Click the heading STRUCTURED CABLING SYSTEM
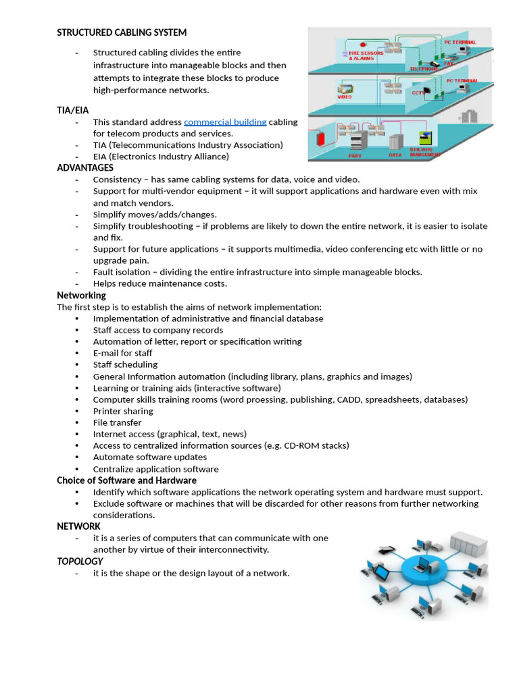(122, 32)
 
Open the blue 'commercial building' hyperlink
(225, 122)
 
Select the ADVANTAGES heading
(85, 167)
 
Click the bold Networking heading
(81, 296)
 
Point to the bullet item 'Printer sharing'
(123, 411)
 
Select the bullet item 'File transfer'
(117, 422)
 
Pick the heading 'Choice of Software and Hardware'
(126, 480)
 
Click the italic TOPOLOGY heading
(80, 561)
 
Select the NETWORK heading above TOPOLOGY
(78, 526)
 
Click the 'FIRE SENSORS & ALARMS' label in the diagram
(366, 55)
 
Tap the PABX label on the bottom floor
(355, 155)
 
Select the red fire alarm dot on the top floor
(364, 44)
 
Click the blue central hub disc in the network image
(422, 570)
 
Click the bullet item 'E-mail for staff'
(122, 353)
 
